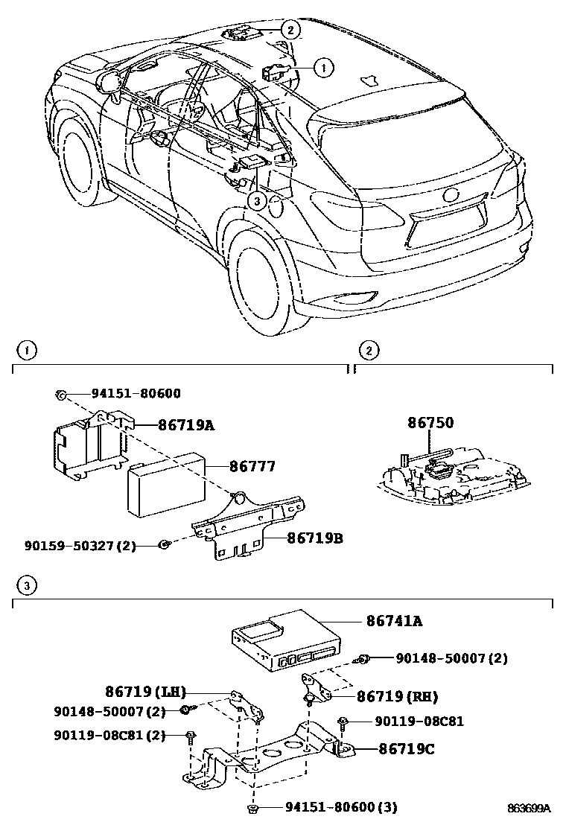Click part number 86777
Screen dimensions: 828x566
(252, 467)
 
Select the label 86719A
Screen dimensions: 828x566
(185, 425)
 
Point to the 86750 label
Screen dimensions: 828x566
(430, 423)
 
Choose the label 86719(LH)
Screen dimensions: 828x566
(145, 691)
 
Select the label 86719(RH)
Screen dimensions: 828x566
(396, 697)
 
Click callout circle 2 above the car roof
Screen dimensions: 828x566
(290, 30)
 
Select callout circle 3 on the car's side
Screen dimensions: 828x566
(256, 200)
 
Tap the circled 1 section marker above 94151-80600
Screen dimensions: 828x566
(25, 350)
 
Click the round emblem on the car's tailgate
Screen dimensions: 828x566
(451, 196)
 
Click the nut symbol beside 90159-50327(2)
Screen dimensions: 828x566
(164, 546)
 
